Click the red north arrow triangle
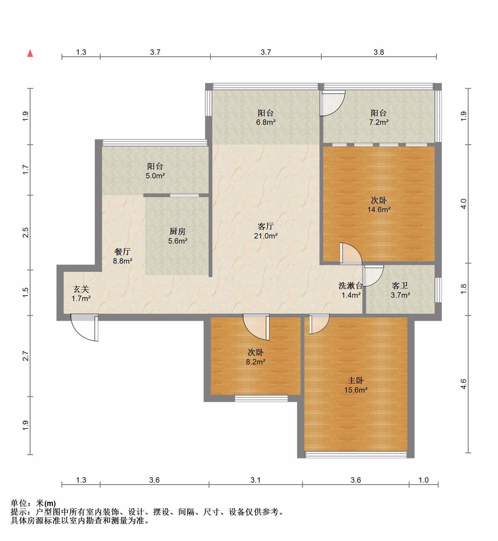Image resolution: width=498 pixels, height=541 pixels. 30,54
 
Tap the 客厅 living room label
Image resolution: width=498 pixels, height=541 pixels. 265,226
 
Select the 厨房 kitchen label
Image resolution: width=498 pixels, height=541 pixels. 178,231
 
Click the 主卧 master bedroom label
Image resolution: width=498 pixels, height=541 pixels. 356,380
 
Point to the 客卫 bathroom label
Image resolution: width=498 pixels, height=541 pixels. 400,286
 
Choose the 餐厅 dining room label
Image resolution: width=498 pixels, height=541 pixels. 123,251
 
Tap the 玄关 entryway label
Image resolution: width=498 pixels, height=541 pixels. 81,289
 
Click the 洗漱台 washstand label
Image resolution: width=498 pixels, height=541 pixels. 351,286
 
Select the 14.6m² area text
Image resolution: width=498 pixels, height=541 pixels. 379,209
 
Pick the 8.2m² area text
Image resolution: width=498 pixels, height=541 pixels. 256,362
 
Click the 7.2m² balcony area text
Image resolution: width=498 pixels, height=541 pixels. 379,122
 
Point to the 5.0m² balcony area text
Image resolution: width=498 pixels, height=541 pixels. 155,176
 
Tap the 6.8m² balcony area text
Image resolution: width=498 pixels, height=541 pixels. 266,122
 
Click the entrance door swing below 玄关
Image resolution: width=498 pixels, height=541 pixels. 85,327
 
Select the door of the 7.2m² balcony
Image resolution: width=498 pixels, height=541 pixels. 333,103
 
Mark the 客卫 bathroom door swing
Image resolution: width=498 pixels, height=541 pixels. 373,276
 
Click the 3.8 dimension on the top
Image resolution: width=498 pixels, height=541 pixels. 378,52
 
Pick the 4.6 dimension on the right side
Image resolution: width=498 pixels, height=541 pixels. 463,384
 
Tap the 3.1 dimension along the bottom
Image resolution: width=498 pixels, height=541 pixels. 255,480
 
